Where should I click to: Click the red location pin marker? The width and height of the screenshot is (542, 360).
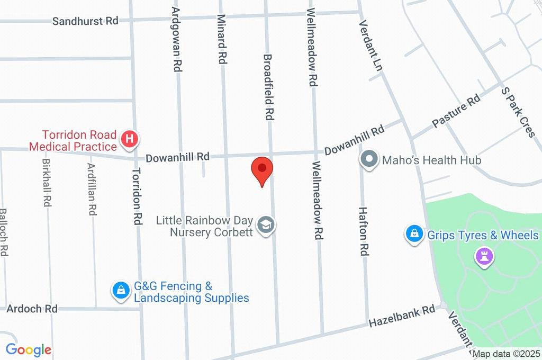click(x=262, y=169)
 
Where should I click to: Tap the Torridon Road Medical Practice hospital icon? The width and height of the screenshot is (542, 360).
click(x=129, y=140)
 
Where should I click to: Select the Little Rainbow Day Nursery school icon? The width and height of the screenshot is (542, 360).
click(x=266, y=226)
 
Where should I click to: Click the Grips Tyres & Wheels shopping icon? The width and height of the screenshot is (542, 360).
click(x=413, y=234)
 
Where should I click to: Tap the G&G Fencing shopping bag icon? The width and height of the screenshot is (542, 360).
click(x=121, y=290)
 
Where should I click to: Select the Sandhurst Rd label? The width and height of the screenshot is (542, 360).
click(x=85, y=21)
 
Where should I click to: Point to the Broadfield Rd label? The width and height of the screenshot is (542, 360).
click(x=268, y=86)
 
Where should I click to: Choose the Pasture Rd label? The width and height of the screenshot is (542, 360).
click(x=456, y=111)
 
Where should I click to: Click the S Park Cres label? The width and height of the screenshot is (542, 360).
click(x=518, y=112)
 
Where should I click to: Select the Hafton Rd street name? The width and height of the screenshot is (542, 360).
click(x=363, y=231)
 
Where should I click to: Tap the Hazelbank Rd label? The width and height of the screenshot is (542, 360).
click(x=402, y=316)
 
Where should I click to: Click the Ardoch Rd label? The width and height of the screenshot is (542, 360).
click(x=32, y=308)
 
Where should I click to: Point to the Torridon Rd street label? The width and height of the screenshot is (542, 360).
click(x=138, y=197)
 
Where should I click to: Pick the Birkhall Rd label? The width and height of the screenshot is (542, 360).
click(x=47, y=183)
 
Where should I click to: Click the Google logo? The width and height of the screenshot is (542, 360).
click(x=29, y=349)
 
